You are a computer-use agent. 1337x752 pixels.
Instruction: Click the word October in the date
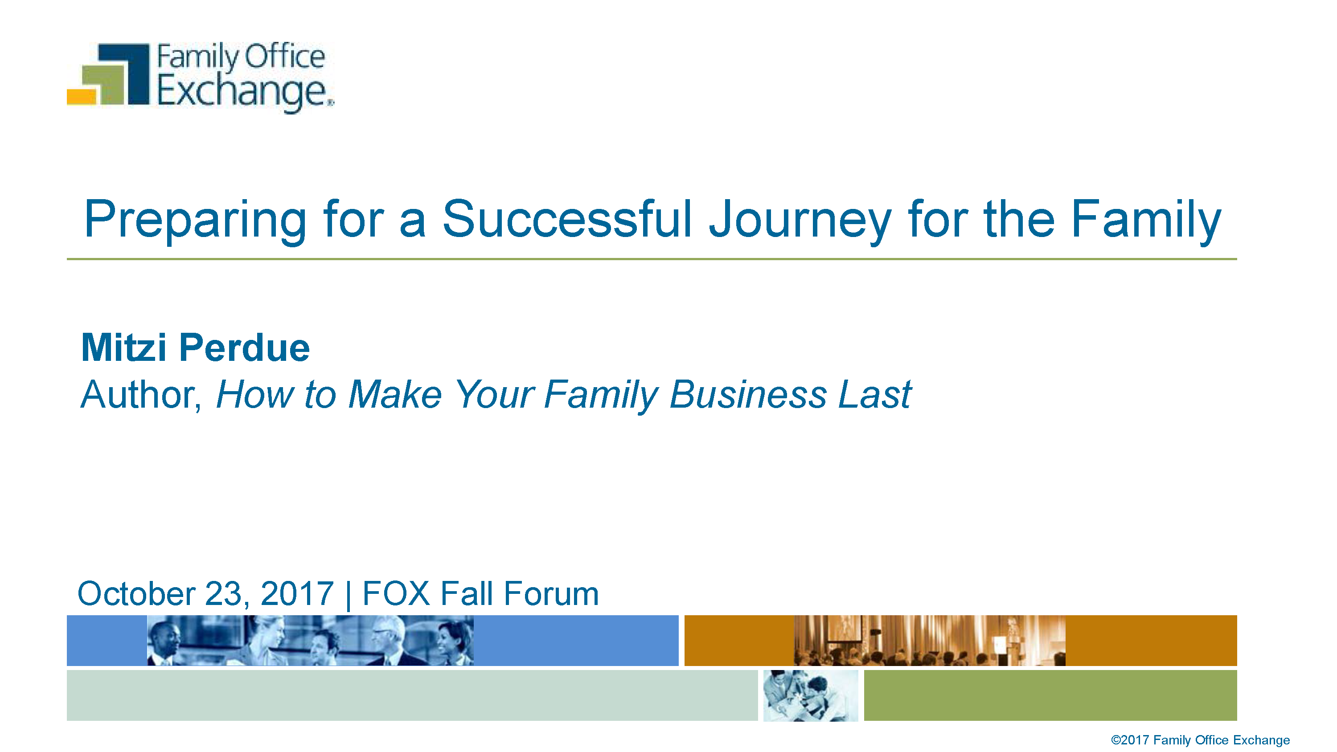136,593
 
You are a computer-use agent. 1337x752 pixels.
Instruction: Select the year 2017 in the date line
297,593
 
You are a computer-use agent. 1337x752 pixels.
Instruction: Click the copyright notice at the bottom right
1200,740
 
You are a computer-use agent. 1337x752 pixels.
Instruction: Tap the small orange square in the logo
82,97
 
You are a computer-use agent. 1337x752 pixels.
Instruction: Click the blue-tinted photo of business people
310,641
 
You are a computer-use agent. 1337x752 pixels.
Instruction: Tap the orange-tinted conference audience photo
930,641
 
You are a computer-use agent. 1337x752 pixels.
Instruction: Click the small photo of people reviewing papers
811,695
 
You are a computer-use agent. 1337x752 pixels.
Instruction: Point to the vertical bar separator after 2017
348,595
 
